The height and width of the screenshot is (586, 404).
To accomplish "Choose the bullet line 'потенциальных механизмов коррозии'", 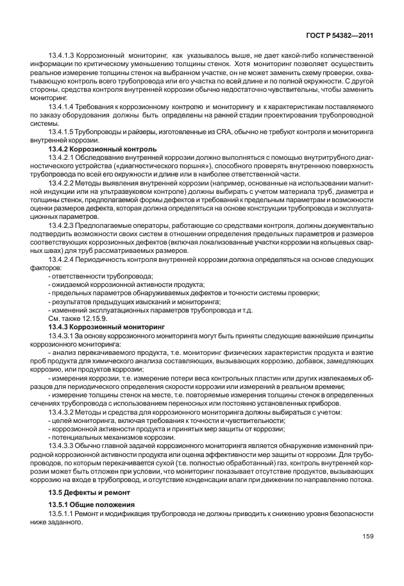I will pyautogui.click(x=108, y=436).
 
